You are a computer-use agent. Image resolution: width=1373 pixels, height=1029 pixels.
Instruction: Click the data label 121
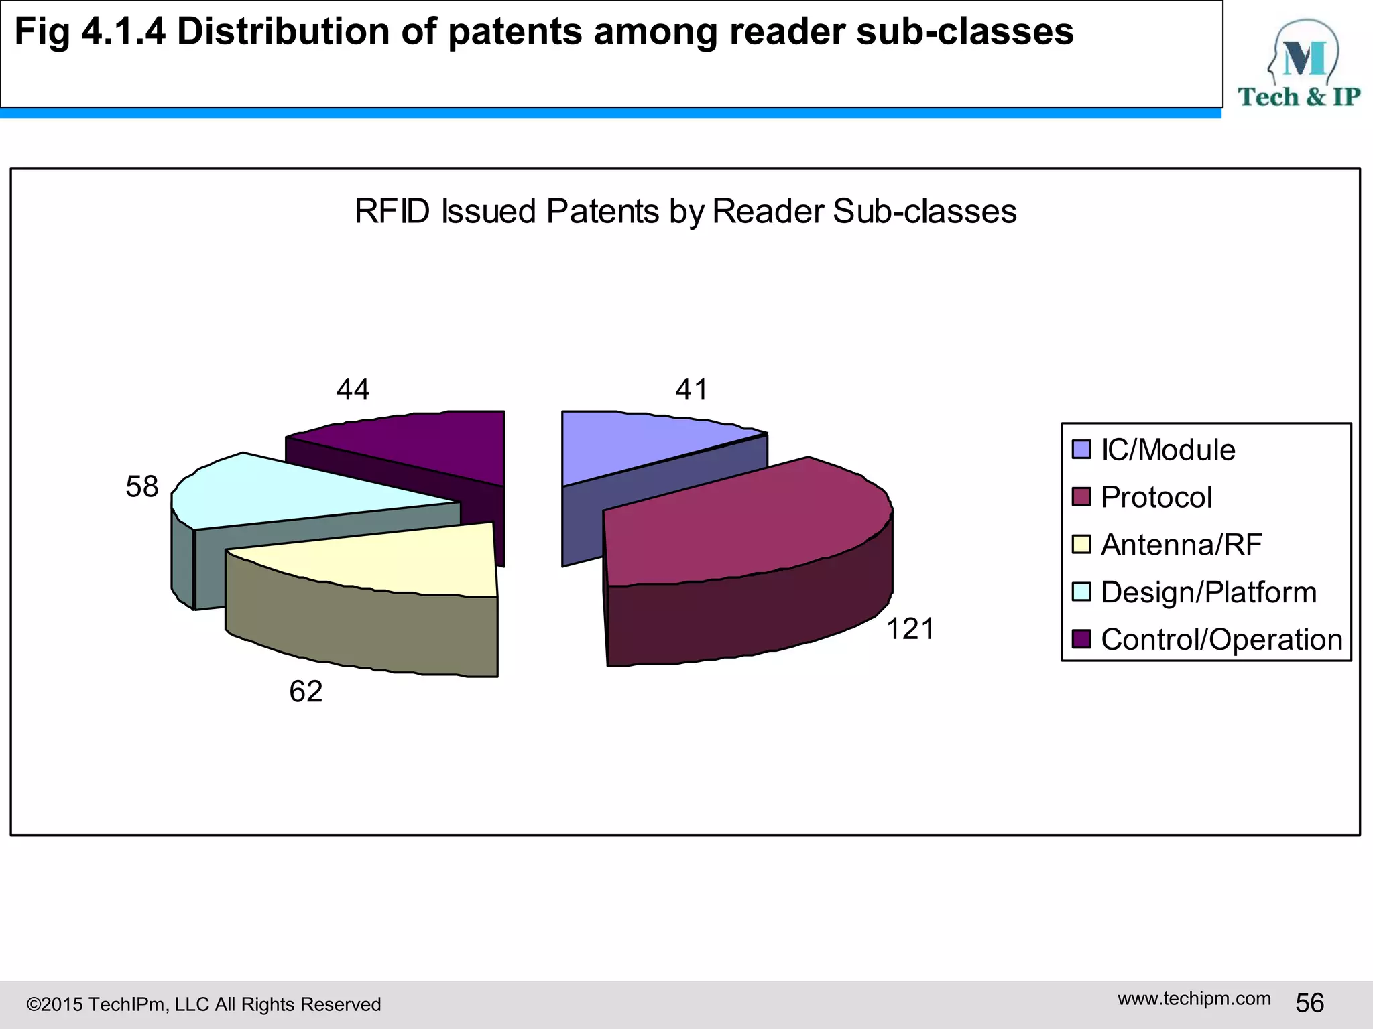[x=910, y=630]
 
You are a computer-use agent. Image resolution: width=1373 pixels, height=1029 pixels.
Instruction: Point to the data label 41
[x=691, y=389]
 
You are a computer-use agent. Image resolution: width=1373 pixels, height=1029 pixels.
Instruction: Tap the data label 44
[x=353, y=389]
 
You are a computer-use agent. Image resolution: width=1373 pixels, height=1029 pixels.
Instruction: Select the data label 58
[x=142, y=486]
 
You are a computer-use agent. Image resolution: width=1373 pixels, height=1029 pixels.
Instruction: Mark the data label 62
[x=306, y=691]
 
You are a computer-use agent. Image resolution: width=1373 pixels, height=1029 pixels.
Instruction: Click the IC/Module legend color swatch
[x=1081, y=450]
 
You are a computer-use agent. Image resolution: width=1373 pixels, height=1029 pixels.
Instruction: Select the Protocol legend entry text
[x=1156, y=497]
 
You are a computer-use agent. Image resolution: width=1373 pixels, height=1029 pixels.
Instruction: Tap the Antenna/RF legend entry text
[x=1181, y=545]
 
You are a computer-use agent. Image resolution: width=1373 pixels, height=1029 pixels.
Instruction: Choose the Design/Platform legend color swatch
[x=1081, y=592]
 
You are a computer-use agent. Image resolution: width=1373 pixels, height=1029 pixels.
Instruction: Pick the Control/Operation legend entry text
[x=1221, y=640]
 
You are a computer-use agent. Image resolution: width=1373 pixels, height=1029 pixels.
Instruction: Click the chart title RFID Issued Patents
[x=685, y=212]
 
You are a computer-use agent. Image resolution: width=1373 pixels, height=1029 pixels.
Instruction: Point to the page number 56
[x=1309, y=1003]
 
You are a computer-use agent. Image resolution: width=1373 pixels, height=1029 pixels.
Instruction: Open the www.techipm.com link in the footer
[x=1194, y=998]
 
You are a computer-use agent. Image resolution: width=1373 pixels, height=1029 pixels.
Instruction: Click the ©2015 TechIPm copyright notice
[x=204, y=1004]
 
